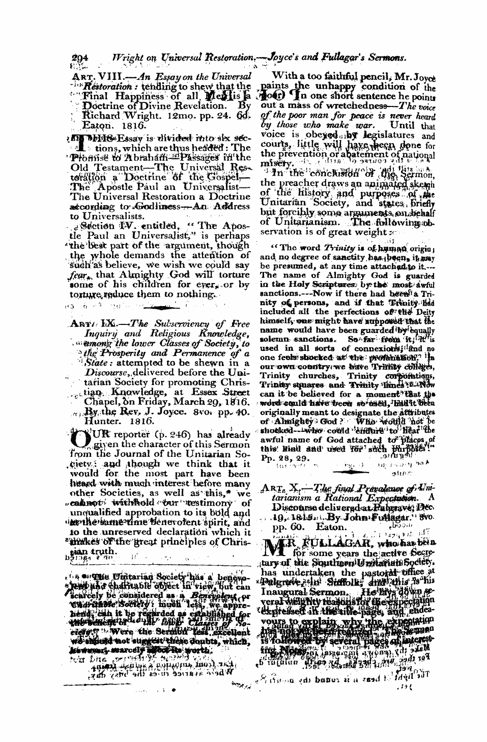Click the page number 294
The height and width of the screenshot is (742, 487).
pos(80,58)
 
